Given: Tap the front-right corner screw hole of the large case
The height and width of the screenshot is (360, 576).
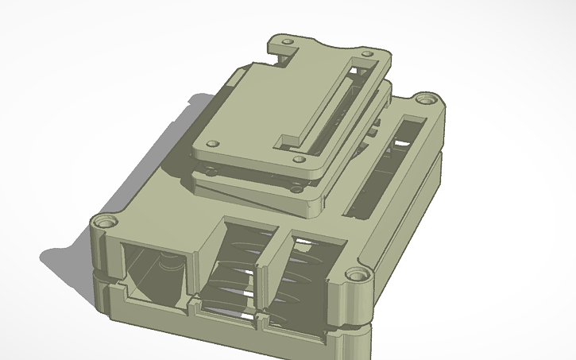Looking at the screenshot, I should click(x=358, y=277).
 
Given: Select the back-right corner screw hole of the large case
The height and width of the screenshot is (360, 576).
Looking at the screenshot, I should click(x=431, y=99).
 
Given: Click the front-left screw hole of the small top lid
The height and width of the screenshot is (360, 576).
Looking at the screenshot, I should click(x=212, y=144).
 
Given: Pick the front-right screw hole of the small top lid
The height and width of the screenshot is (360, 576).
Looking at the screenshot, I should click(x=298, y=158).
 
